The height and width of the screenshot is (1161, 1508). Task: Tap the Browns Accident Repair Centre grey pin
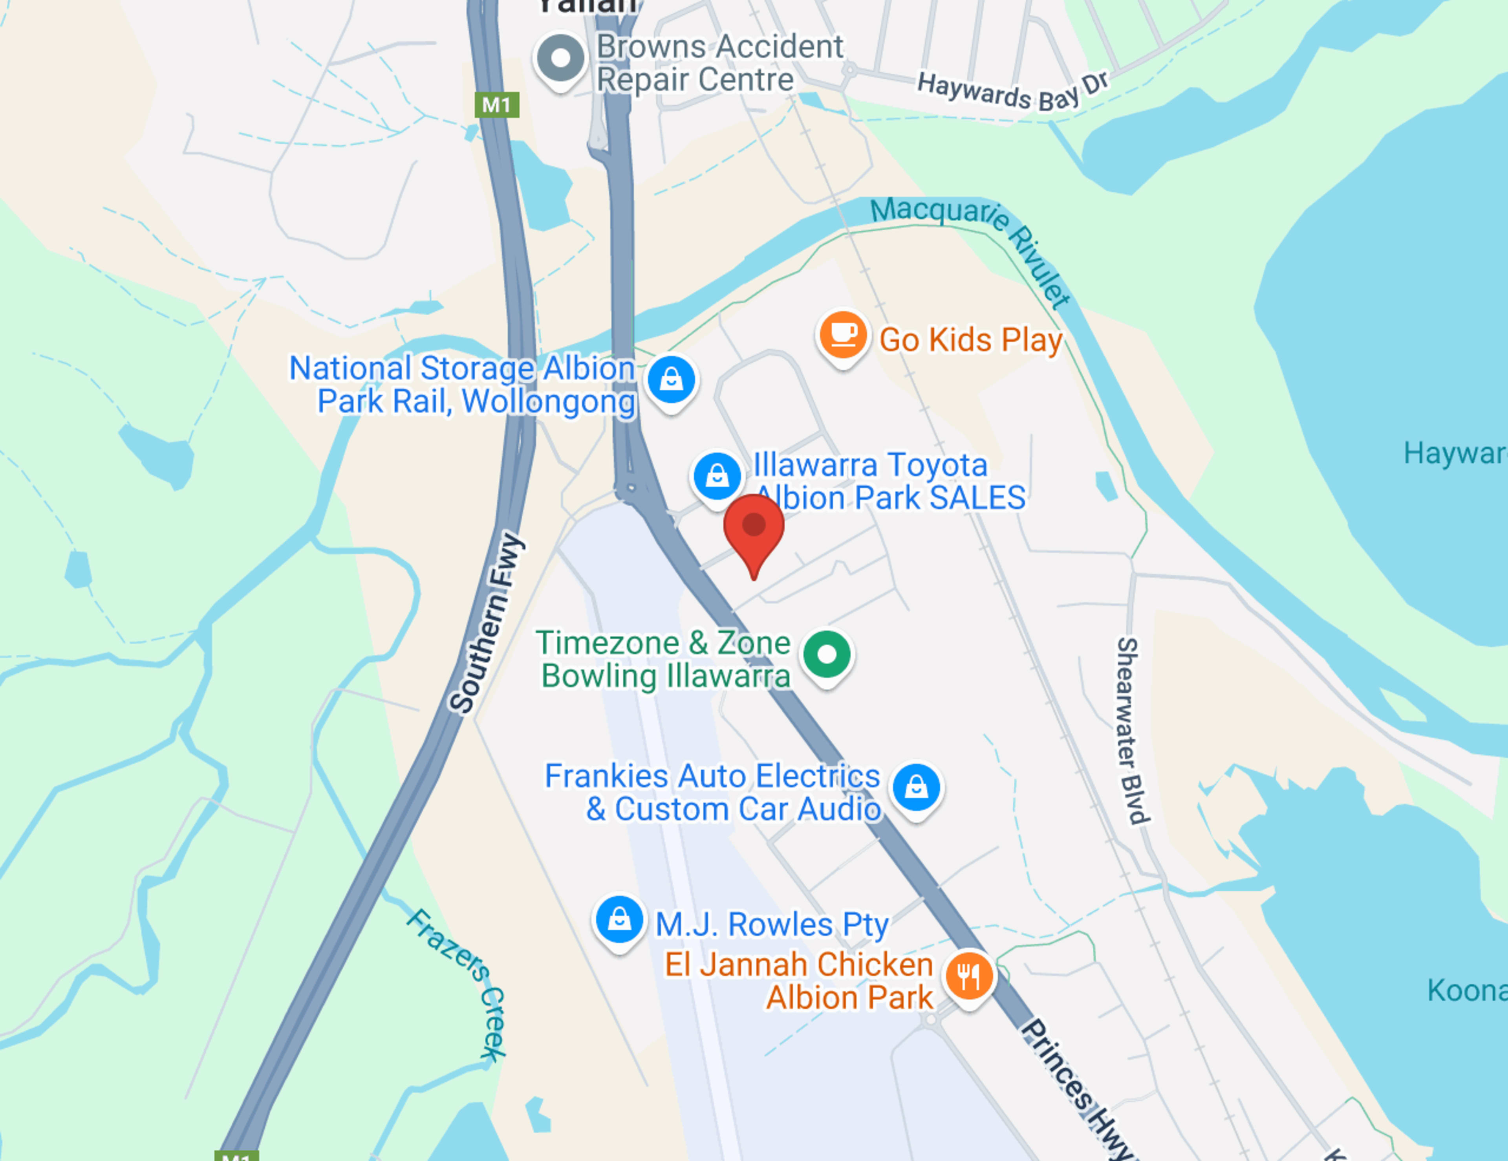560,59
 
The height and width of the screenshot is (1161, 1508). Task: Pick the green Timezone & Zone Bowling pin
827,654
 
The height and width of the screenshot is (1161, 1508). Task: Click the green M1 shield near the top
496,105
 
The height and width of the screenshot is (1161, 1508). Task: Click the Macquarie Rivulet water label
970,242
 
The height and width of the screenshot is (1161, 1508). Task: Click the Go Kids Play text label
970,340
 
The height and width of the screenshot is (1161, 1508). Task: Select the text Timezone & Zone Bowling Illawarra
664,660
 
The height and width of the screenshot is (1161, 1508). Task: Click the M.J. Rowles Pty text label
771,924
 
